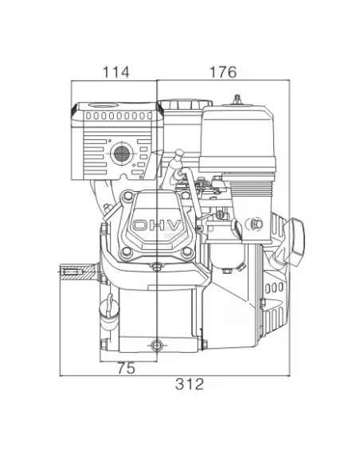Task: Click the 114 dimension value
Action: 116,72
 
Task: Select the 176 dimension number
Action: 223,72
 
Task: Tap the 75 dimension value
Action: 127,369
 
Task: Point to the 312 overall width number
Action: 190,384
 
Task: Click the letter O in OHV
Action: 140,225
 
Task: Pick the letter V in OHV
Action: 174,225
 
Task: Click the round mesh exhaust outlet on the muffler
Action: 122,154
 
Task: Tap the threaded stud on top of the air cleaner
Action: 237,99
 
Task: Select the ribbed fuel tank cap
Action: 185,104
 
